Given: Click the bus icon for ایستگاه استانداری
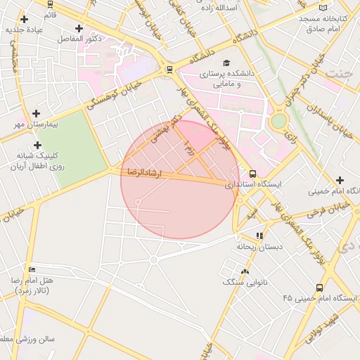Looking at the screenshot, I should (253, 174).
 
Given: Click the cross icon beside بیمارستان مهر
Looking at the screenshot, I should (37, 112).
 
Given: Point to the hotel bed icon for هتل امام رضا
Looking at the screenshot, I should (31, 269).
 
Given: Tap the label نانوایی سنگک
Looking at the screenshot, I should (241, 282).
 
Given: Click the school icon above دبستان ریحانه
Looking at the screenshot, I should (259, 236).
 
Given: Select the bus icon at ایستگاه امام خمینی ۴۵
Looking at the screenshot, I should (320, 288).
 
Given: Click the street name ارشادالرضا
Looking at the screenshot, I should (143, 172).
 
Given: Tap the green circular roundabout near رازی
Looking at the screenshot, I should (279, 121).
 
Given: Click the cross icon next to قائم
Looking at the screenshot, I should (25, 19).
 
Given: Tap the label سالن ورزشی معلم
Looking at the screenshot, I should (28, 340).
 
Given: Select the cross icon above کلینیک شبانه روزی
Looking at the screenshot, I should (37, 144).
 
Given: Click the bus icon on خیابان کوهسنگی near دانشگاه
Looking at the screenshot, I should (169, 69).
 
